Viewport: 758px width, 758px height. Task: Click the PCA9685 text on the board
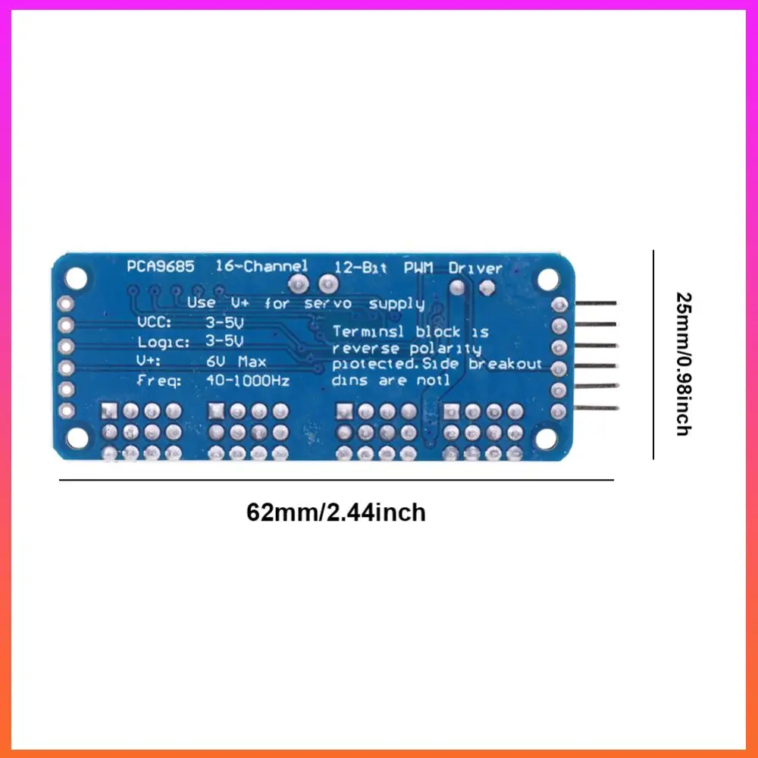click(x=161, y=266)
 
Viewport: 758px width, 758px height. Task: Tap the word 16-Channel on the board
click(x=262, y=266)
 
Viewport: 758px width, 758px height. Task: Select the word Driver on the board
click(x=475, y=268)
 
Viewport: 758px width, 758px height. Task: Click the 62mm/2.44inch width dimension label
click(x=336, y=513)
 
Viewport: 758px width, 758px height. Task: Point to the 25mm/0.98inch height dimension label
click(x=683, y=364)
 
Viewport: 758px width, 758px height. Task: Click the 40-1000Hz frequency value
click(x=247, y=381)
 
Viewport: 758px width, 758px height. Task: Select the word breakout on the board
click(x=506, y=364)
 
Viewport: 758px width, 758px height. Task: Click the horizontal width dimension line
click(x=336, y=480)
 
